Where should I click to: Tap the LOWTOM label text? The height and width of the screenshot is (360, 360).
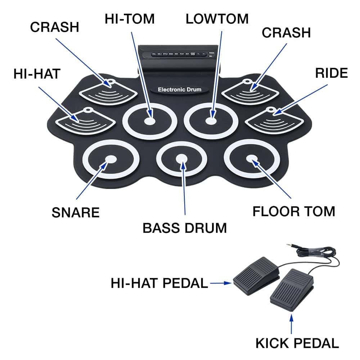(217, 19)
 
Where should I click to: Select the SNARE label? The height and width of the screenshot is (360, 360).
(76, 212)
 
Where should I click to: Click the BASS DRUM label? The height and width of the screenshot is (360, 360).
(185, 228)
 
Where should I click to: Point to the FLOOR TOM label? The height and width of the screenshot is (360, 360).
(294, 211)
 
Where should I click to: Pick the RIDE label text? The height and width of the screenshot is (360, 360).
(332, 73)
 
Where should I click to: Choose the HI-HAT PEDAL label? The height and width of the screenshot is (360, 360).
(159, 283)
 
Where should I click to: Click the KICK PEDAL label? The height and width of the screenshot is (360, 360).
(297, 343)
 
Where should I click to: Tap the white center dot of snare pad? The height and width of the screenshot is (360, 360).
(111, 159)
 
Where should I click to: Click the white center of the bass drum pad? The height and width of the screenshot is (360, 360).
(182, 158)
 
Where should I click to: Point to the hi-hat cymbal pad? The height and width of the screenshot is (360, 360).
(85, 121)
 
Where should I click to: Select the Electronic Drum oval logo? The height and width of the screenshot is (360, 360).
(179, 89)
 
